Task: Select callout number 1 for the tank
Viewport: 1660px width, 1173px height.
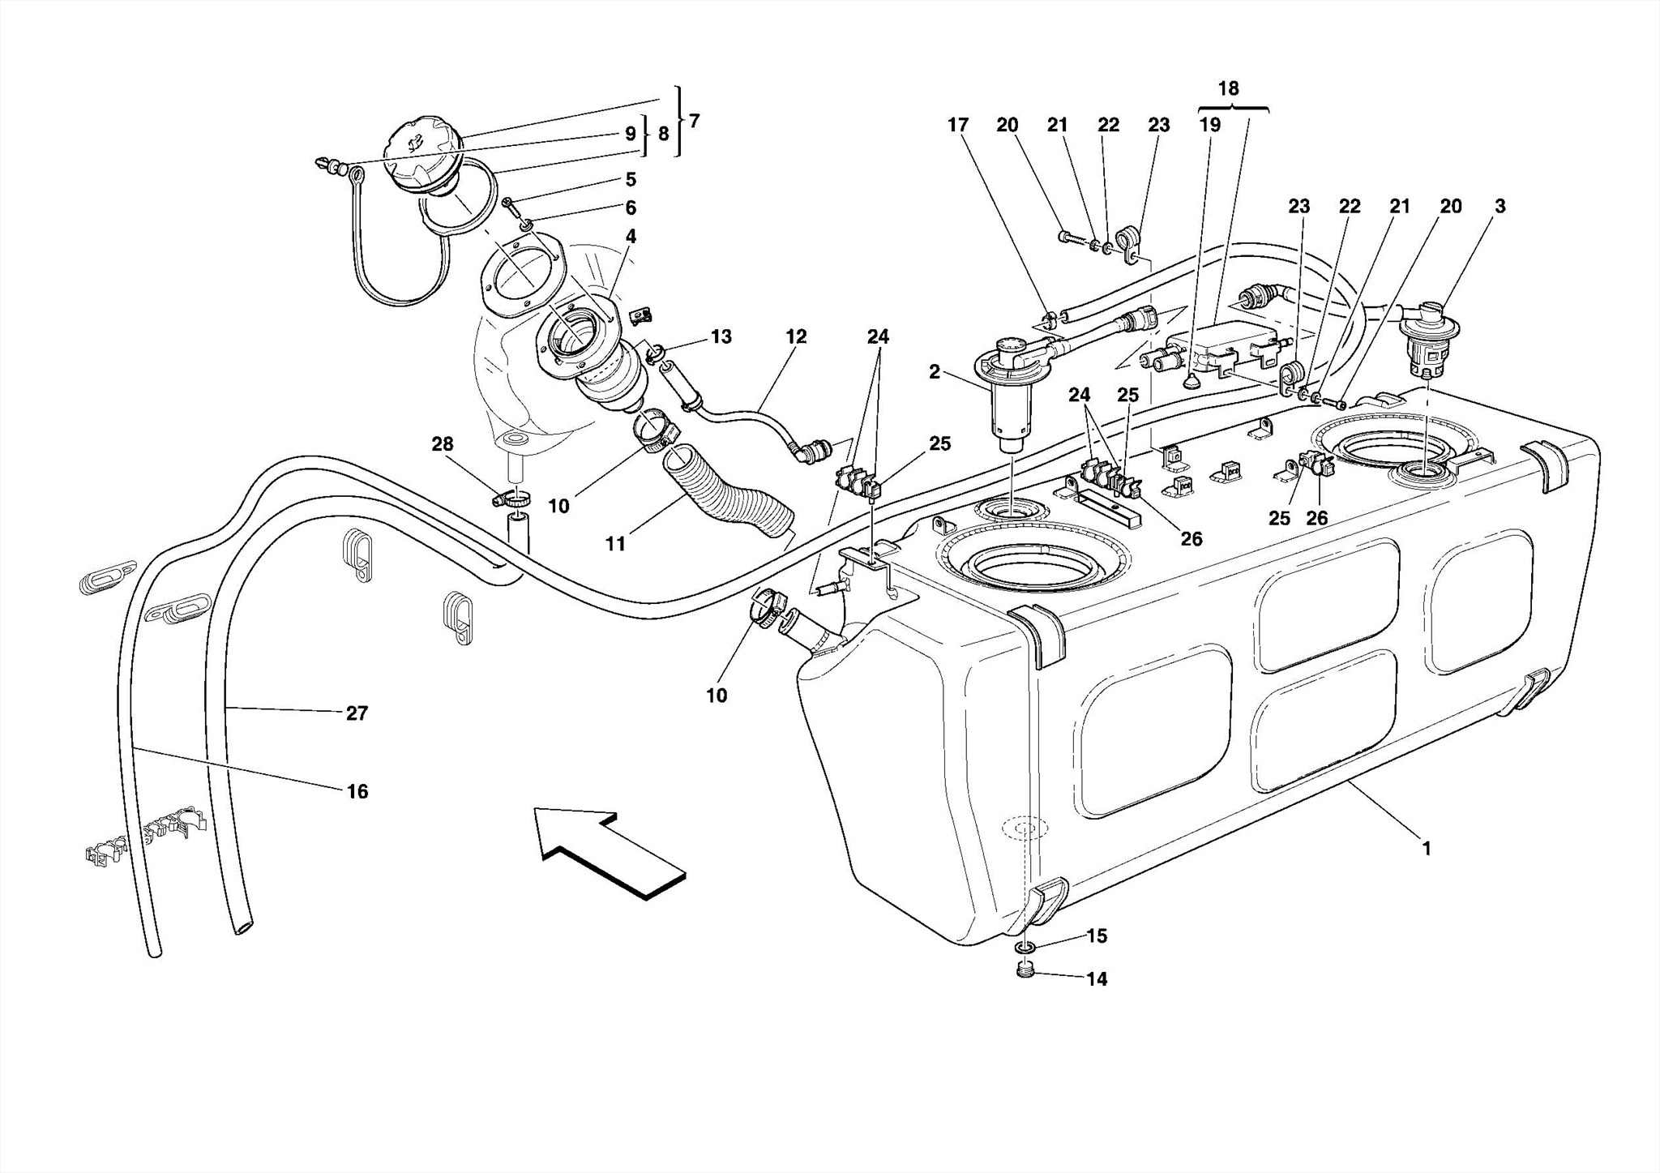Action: point(1426,849)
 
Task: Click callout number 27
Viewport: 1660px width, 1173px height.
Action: point(357,713)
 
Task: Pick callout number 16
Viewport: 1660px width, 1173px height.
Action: point(357,791)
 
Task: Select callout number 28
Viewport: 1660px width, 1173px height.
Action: point(443,444)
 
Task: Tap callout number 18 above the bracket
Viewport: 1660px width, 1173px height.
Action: point(1228,88)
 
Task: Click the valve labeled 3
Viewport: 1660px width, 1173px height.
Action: point(1429,340)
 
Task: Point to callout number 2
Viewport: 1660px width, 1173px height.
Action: point(935,372)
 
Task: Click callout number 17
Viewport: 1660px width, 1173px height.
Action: point(958,125)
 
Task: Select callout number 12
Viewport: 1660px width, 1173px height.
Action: point(796,336)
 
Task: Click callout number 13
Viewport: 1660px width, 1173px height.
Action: point(721,336)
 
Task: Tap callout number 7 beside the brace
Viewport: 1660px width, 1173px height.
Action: point(694,121)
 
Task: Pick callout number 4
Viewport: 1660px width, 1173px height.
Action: point(631,237)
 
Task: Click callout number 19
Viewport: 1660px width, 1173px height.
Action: point(1209,125)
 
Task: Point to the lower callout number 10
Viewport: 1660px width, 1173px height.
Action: point(717,696)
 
